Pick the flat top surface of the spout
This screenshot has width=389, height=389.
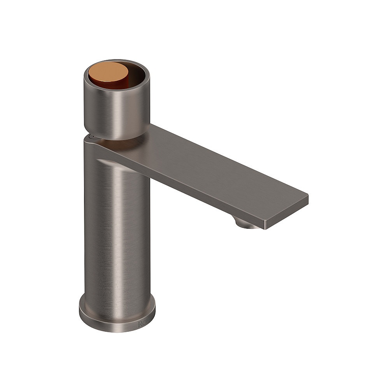[218, 163]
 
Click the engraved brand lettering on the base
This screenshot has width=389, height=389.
[143, 324]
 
